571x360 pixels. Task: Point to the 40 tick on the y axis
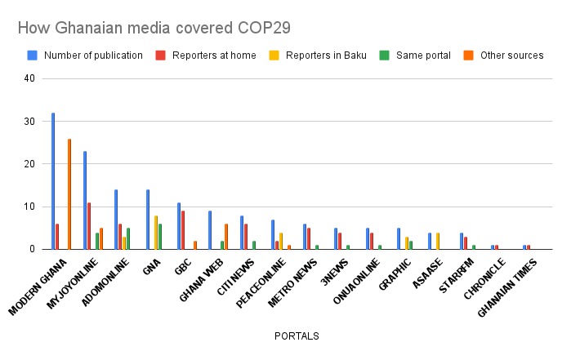pyautogui.click(x=30, y=79)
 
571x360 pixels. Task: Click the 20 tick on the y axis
pyautogui.click(x=30, y=164)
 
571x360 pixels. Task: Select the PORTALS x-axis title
pyautogui.click(x=295, y=336)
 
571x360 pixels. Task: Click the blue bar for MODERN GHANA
pyautogui.click(x=53, y=180)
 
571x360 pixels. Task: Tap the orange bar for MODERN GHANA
pyautogui.click(x=69, y=193)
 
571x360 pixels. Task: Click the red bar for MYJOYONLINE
pyautogui.click(x=89, y=225)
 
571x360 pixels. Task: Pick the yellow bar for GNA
pyautogui.click(x=156, y=232)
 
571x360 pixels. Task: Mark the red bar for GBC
pyautogui.click(x=183, y=229)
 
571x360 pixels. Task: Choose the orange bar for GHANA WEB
pyautogui.click(x=226, y=236)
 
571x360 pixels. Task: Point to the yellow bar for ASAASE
pyautogui.click(x=438, y=241)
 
